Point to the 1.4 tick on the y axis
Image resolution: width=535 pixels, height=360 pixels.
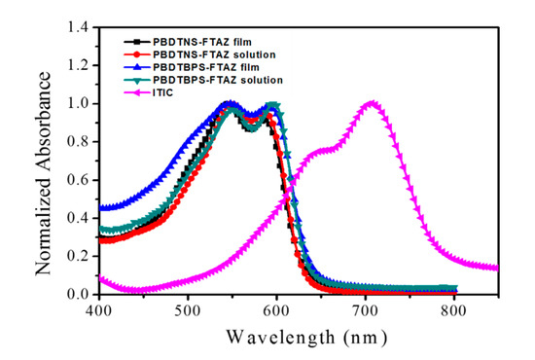[x=80, y=27]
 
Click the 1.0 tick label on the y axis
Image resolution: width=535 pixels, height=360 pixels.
[x=80, y=103]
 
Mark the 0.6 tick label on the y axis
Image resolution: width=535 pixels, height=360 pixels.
[x=80, y=180]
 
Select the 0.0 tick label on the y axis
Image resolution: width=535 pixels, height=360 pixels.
[x=80, y=295]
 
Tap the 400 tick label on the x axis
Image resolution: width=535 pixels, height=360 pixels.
[x=98, y=310]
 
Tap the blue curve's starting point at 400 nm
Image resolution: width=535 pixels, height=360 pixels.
[x=99, y=208]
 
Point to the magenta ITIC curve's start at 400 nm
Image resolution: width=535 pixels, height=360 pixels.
[x=99, y=279]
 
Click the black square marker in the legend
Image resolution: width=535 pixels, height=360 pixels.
[x=137, y=42]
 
